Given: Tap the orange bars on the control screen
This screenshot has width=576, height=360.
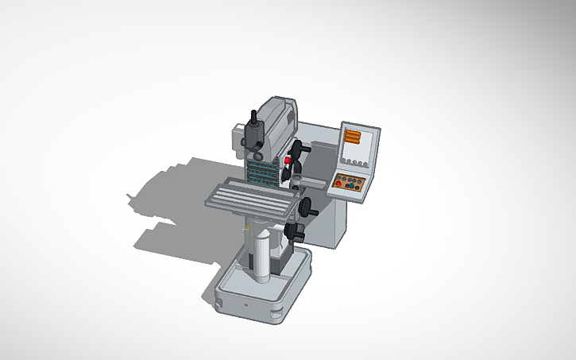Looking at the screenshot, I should click(351, 137).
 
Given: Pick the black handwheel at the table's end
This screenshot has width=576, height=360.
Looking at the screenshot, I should click(307, 208).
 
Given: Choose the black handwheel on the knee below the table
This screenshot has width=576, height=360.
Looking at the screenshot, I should click(296, 232).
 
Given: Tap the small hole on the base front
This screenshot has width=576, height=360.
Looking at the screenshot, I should click(246, 304).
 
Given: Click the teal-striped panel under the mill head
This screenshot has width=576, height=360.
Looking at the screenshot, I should click(261, 169).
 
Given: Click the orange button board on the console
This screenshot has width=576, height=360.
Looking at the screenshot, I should click(350, 183).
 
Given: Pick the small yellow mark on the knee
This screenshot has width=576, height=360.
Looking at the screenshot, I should click(249, 228).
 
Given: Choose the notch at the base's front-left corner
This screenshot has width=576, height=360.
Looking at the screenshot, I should click(218, 301).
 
